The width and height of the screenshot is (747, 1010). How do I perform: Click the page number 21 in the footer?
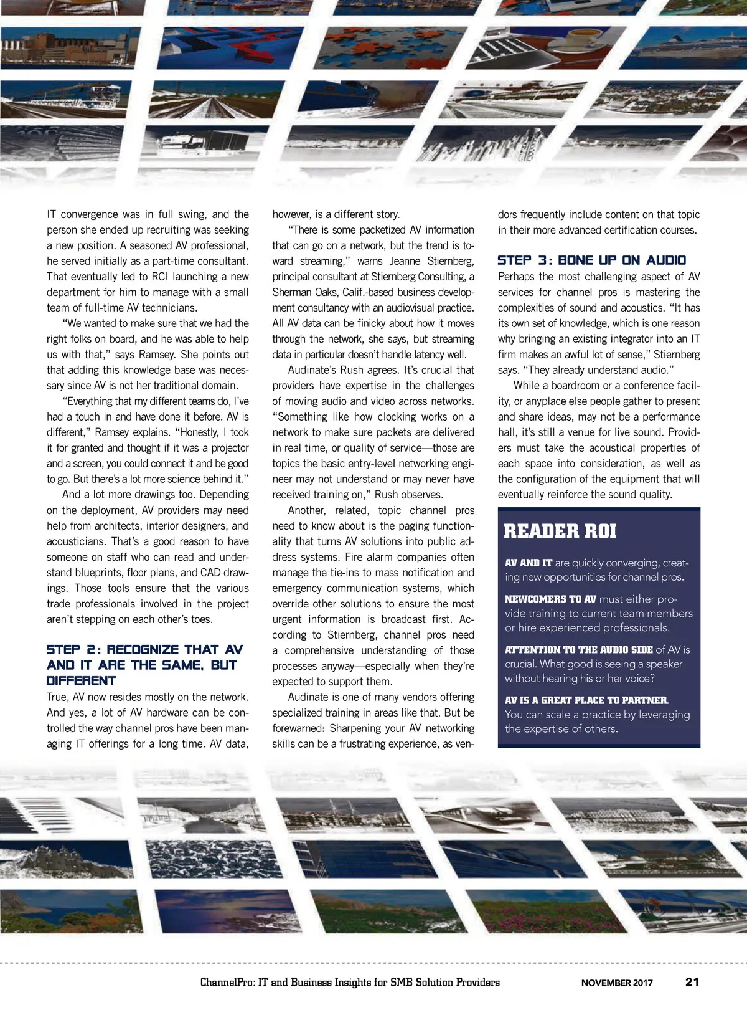[692, 982]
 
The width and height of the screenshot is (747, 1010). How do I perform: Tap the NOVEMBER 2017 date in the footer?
[617, 983]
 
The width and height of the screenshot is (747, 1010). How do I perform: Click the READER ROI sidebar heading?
[560, 531]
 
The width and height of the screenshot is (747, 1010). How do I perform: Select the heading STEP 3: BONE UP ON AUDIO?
[591, 260]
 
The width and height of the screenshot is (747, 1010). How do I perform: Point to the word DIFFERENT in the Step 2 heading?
[81, 681]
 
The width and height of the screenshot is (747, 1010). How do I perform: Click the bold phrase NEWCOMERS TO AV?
[550, 599]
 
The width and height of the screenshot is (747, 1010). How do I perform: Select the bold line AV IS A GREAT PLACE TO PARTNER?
[586, 700]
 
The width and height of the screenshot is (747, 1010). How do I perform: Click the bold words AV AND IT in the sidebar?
[528, 563]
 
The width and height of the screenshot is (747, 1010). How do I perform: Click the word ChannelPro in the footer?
[227, 983]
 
